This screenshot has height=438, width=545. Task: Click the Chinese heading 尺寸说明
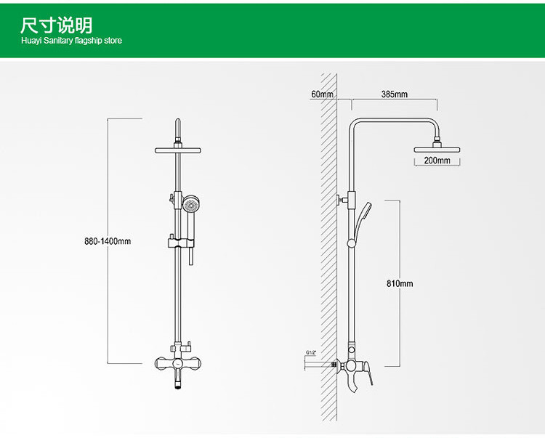(x=57, y=25)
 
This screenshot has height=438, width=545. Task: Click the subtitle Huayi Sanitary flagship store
(x=71, y=41)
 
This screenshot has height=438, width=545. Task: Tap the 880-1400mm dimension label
(x=107, y=241)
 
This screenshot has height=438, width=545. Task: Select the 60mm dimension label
(x=321, y=94)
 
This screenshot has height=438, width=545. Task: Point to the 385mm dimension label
(x=395, y=94)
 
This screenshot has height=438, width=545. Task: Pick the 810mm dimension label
(x=399, y=283)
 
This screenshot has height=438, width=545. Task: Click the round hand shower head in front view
(x=191, y=204)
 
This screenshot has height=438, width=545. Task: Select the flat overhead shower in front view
(x=178, y=150)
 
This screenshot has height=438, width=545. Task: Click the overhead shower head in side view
(x=438, y=150)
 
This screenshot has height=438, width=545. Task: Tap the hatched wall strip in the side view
(x=328, y=247)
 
